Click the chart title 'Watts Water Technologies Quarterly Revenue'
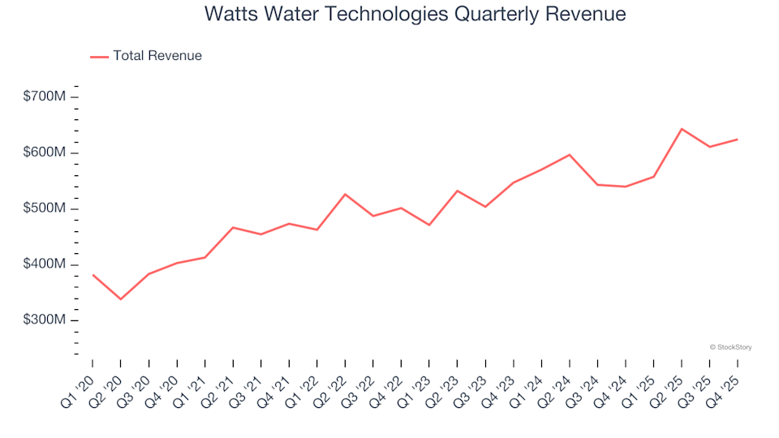point(415,15)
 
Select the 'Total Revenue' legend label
point(157,56)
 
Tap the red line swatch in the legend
point(99,56)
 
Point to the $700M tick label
point(45,97)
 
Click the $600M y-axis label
point(45,152)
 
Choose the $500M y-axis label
point(45,208)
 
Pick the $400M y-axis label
point(45,264)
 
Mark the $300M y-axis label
point(45,320)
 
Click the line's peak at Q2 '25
point(682,128)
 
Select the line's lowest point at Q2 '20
point(121,299)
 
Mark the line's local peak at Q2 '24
point(570,154)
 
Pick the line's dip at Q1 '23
point(429,225)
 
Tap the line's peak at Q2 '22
point(345,194)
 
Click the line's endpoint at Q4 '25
point(737,140)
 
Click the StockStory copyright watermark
point(730,347)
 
